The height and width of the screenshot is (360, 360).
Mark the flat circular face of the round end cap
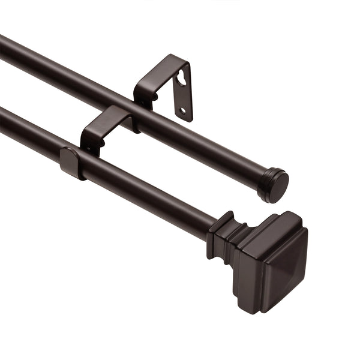point(278,187)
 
